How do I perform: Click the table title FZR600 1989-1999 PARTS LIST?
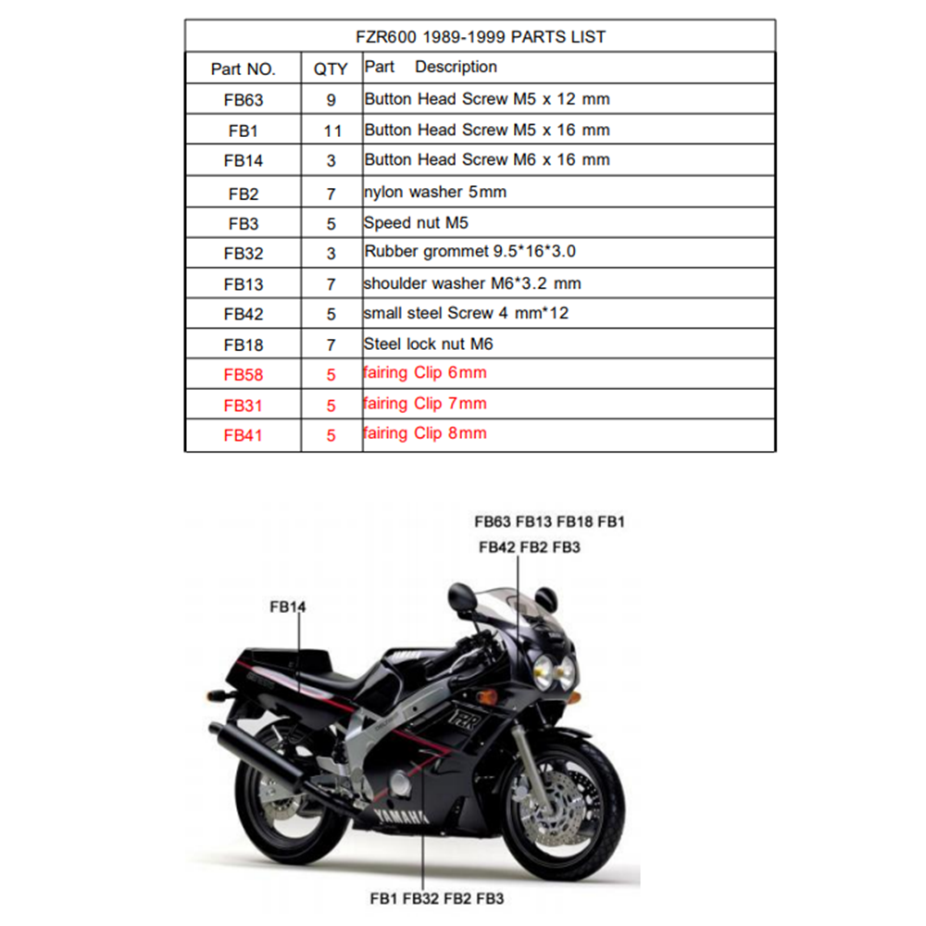[x=480, y=37]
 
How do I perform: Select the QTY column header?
[x=331, y=69]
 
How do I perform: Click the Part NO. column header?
[x=244, y=69]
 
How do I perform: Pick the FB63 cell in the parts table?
[x=244, y=100]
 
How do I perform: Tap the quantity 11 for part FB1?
[x=332, y=131]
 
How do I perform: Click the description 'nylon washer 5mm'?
[x=435, y=192]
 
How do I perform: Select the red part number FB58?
[x=244, y=374]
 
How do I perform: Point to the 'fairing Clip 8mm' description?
[x=425, y=433]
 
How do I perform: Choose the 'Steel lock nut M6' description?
[x=428, y=344]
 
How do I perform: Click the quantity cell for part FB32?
[x=332, y=254]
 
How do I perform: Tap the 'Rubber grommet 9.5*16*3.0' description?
[x=469, y=252]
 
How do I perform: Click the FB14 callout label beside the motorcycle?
[x=288, y=607]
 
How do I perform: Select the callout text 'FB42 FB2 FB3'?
[x=529, y=547]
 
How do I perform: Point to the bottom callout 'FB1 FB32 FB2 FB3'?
[x=436, y=899]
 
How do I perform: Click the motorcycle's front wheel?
[x=564, y=811]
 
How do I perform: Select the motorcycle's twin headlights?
[x=554, y=672]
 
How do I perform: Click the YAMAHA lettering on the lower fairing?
[x=400, y=816]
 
